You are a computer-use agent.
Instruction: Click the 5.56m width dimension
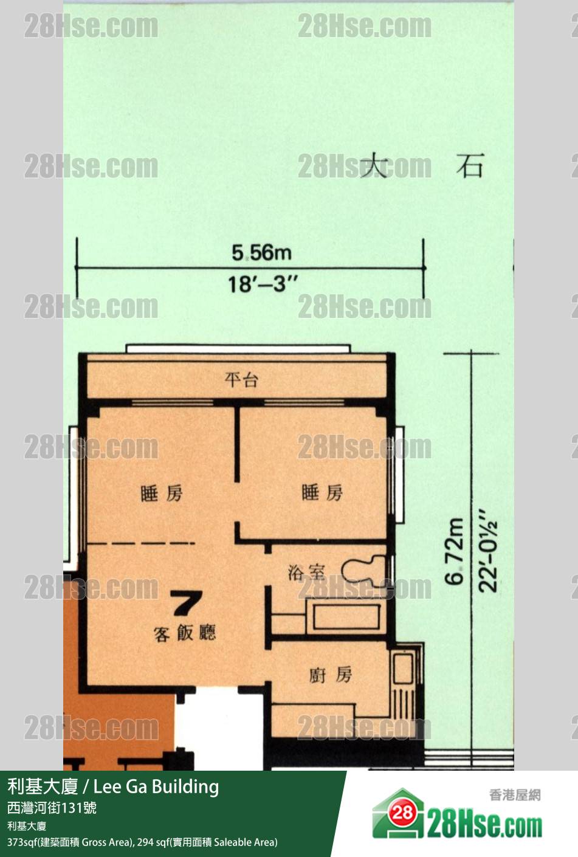click(261, 253)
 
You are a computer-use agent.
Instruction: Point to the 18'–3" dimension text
click(263, 284)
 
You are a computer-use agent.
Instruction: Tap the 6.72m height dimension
click(455, 551)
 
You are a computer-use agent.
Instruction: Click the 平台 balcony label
click(241, 379)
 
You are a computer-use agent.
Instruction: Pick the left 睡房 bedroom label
click(162, 493)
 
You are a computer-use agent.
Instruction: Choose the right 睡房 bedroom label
click(322, 492)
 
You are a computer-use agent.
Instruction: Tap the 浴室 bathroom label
click(306, 573)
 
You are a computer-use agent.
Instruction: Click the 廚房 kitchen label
click(331, 675)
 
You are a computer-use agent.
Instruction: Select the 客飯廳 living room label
click(185, 633)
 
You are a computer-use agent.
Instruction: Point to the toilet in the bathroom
click(363, 571)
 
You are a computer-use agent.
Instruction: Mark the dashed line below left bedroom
click(141, 543)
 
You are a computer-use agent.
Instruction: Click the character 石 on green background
click(470, 166)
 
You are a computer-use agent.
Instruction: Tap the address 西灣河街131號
click(52, 808)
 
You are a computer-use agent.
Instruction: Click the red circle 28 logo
click(402, 812)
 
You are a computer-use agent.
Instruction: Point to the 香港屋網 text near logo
click(515, 795)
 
